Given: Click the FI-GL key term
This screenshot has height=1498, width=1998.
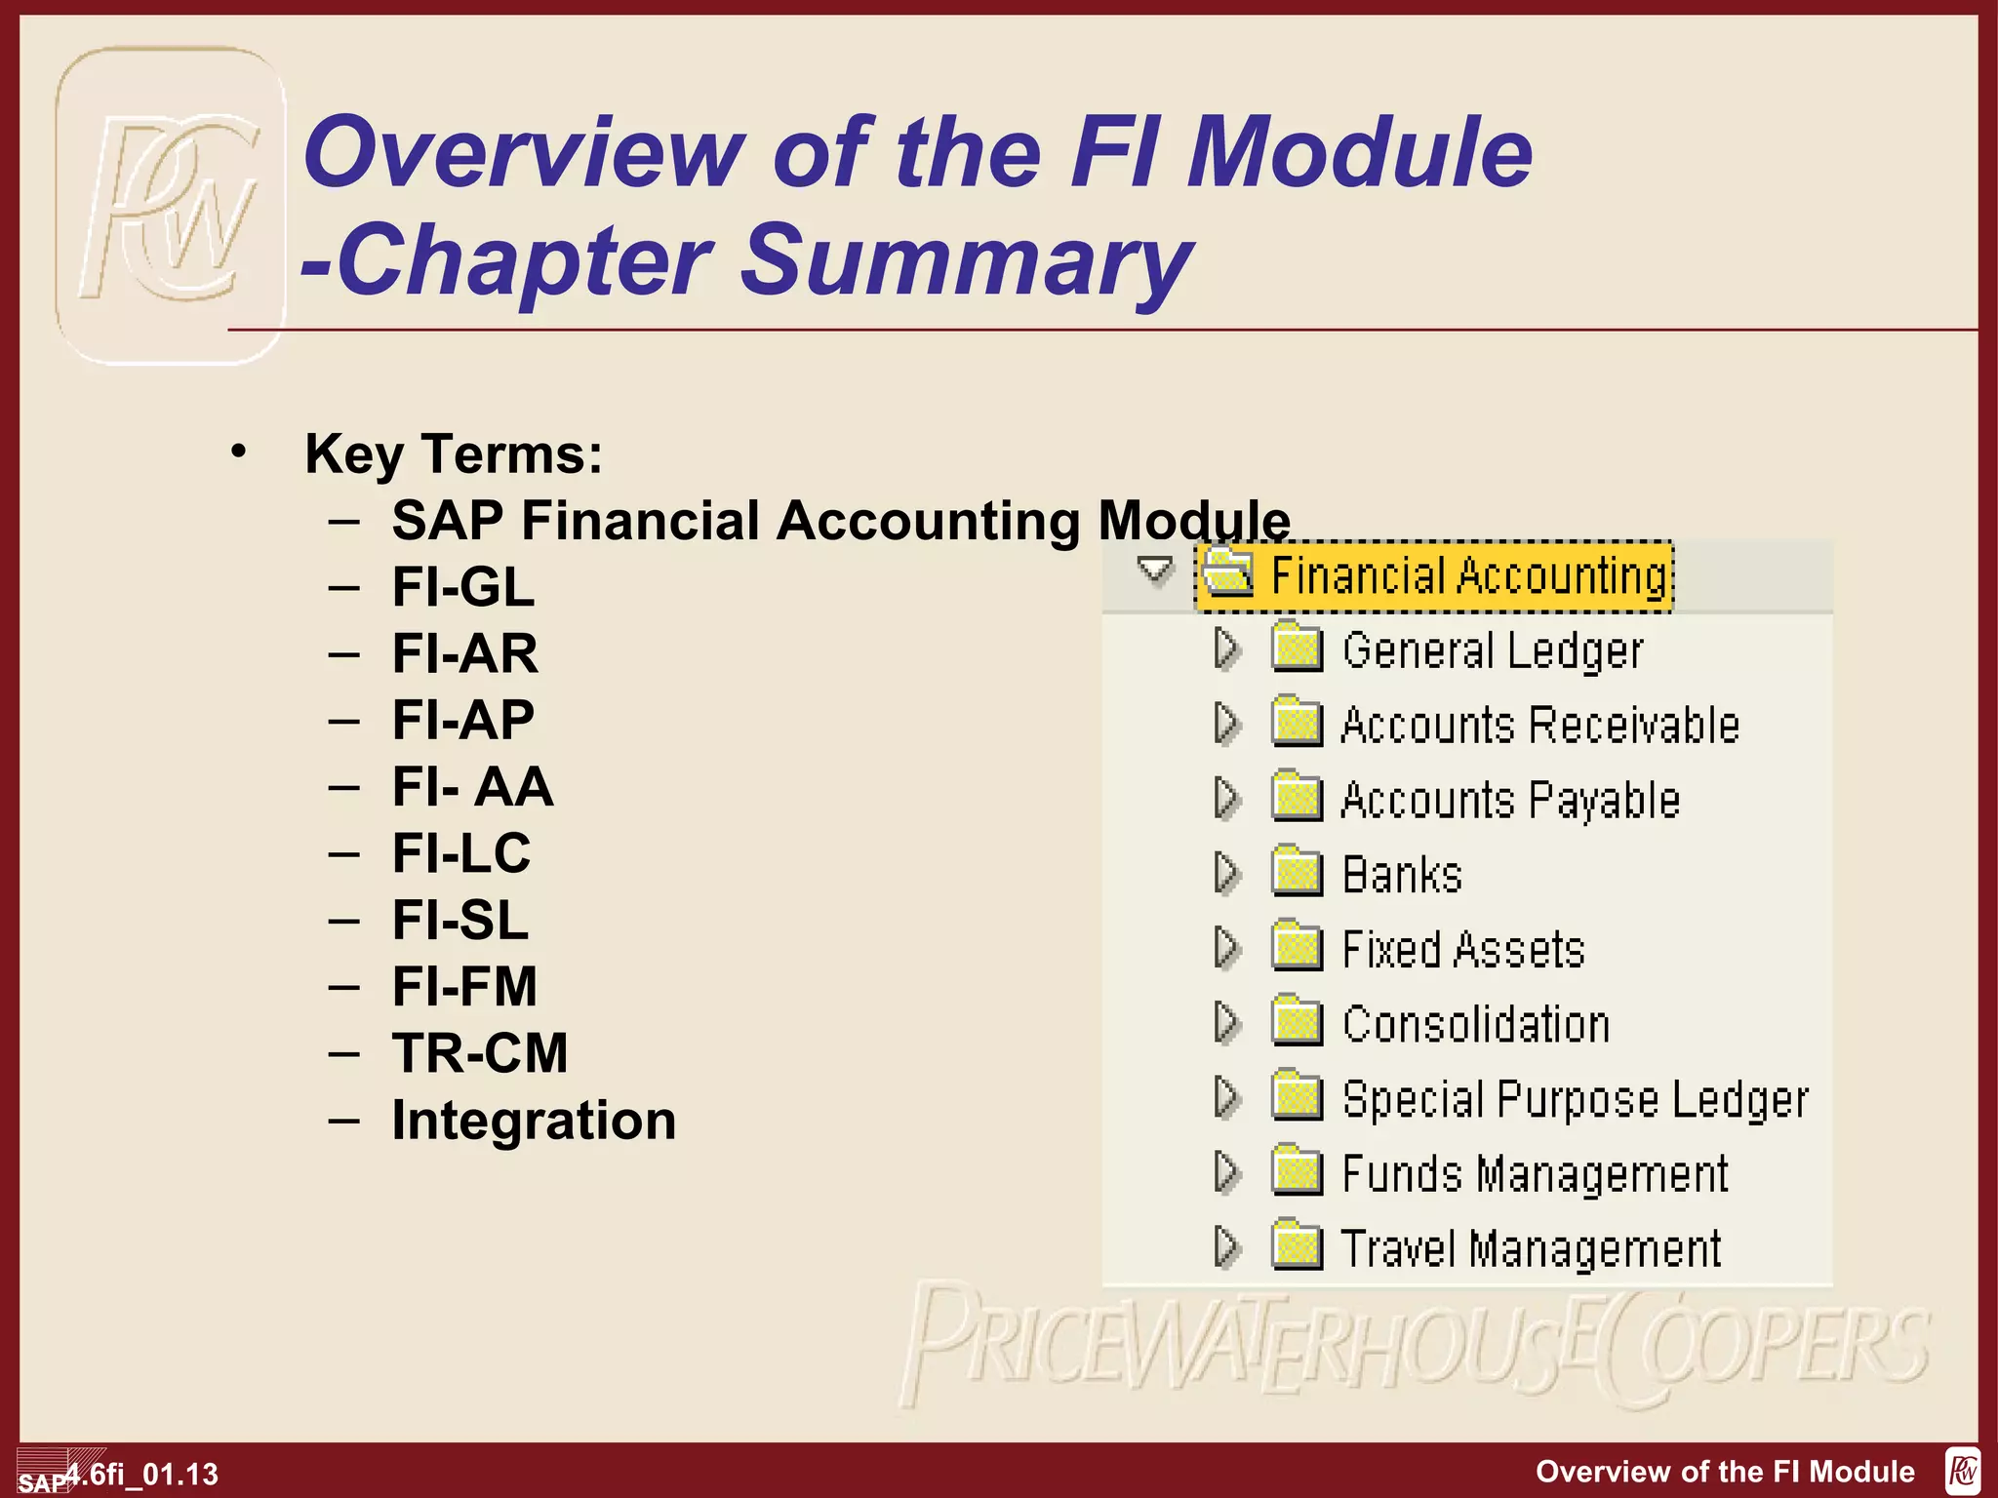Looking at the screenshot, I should click(462, 587).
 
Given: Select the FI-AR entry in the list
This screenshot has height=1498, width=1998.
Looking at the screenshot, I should click(464, 653).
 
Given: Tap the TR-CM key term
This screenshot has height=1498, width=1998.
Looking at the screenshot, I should click(479, 1053).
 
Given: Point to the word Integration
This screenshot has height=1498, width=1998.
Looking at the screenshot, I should click(534, 1120).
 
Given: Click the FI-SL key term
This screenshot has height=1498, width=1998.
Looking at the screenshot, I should click(460, 920).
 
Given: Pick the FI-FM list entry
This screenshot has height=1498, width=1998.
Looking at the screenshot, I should click(464, 986).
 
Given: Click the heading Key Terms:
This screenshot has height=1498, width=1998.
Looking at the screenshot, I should click(454, 453).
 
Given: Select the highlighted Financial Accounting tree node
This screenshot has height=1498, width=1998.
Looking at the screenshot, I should click(1468, 575).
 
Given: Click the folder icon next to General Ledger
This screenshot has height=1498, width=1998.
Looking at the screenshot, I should click(1297, 649).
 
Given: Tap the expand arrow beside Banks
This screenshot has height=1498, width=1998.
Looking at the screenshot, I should click(1226, 873).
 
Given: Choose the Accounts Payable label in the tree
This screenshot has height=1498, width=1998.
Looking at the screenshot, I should click(1509, 800).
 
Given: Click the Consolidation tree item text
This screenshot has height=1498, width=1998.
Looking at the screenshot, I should click(1475, 1024).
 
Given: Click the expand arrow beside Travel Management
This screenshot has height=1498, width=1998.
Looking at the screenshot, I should click(1226, 1246).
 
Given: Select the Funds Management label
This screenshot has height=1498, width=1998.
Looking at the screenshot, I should click(1535, 1173).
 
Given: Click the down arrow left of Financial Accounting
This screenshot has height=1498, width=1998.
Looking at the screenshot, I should click(1155, 570).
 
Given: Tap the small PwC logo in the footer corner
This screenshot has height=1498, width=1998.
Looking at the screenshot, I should click(1962, 1471).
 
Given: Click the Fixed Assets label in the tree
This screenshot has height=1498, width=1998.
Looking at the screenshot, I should click(1462, 949).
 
